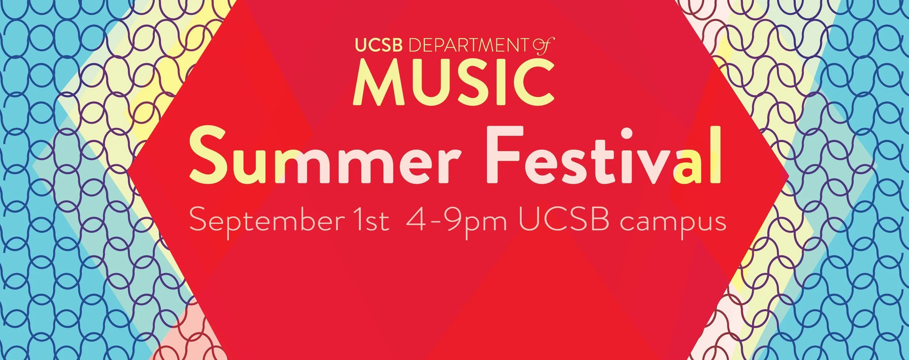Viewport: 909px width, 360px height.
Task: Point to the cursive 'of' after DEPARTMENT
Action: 543,47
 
